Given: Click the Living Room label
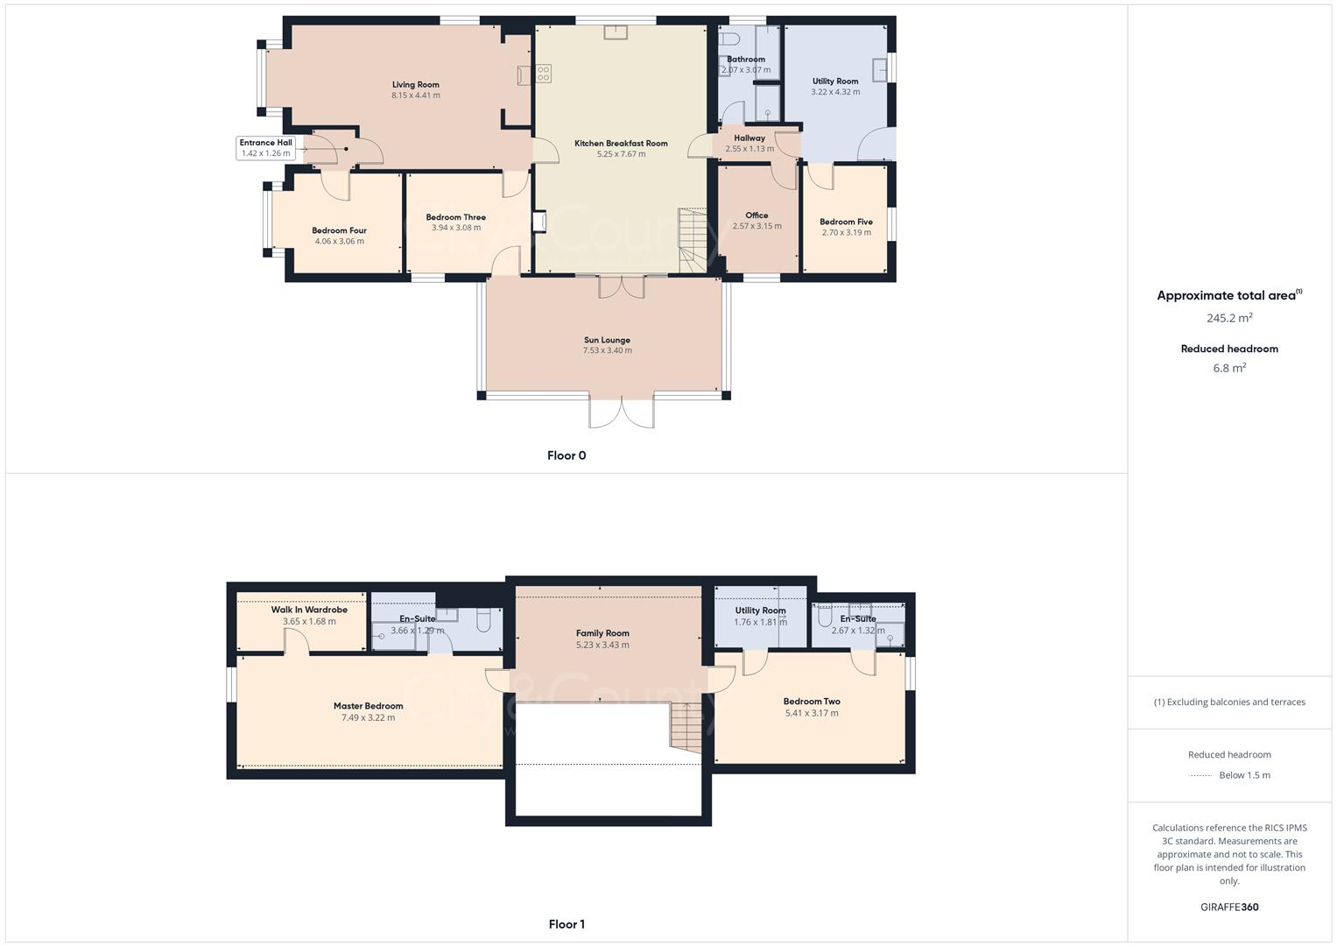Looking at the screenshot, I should pyautogui.click(x=415, y=85).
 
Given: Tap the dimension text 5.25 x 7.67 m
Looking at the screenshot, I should pyautogui.click(x=621, y=154).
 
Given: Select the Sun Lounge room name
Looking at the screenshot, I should pyautogui.click(x=607, y=340).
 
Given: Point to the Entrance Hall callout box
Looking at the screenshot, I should pyautogui.click(x=265, y=147).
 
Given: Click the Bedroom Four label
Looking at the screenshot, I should pyautogui.click(x=339, y=230).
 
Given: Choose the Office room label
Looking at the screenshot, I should pyautogui.click(x=756, y=215).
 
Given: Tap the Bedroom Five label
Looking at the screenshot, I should pyautogui.click(x=846, y=222).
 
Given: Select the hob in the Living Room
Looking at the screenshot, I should pyautogui.click(x=544, y=74).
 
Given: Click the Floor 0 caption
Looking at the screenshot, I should pyautogui.click(x=566, y=455).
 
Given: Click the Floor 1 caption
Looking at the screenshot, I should pyautogui.click(x=566, y=924).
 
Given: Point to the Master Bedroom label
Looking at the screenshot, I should pyautogui.click(x=368, y=706).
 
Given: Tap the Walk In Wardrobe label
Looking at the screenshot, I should pyautogui.click(x=309, y=610).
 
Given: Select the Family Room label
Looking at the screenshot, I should pyautogui.click(x=602, y=633).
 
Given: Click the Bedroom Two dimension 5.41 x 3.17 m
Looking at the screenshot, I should pyautogui.click(x=812, y=713).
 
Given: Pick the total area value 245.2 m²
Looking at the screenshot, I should pyautogui.click(x=1229, y=318).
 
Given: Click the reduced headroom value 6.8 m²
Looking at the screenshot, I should pyautogui.click(x=1229, y=368).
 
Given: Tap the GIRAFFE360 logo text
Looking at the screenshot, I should pyautogui.click(x=1229, y=907).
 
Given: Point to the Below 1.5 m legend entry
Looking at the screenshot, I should pyautogui.click(x=1243, y=775).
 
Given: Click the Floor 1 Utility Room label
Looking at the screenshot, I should pyautogui.click(x=760, y=611).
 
